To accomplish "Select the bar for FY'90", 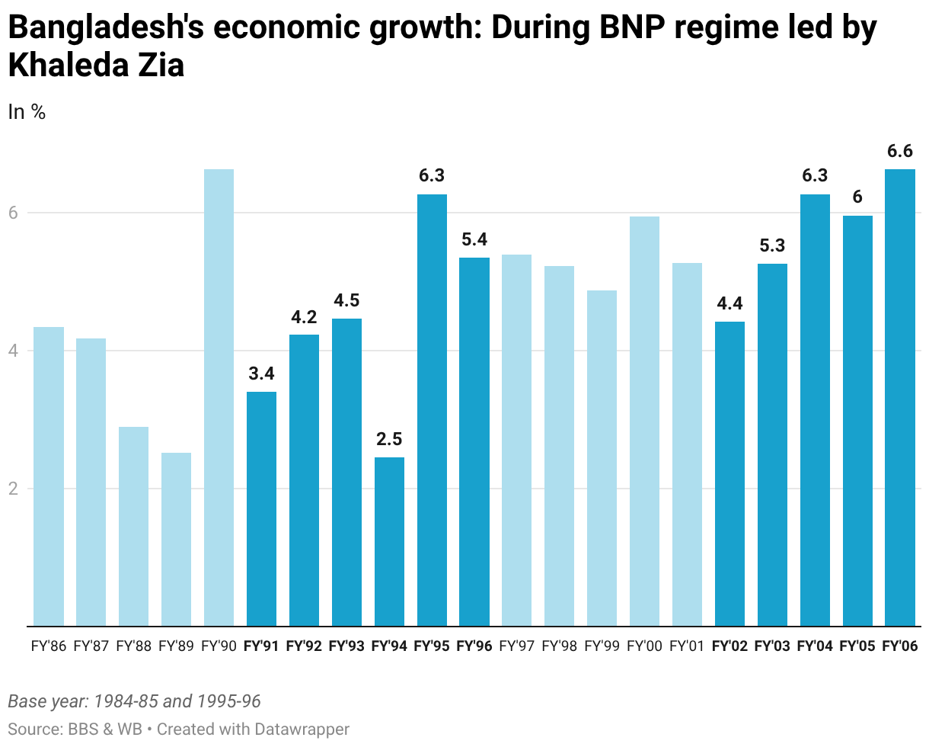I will pos(219,396).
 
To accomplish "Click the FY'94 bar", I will pos(389,541).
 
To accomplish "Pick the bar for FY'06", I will pos(900,396).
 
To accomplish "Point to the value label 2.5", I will pos(389,439).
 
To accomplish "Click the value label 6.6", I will pos(900,151).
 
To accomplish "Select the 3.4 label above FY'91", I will pos(261,373).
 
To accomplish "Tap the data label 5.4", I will pos(474,239).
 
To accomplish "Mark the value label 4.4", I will pos(729,303).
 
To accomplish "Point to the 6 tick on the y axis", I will pos(13,213).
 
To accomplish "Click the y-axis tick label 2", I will pos(13,489).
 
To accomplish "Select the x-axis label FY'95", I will pos(432,647).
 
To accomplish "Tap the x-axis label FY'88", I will pos(133,647).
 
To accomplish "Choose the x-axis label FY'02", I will pos(729,647).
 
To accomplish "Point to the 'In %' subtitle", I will pos(27,112).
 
